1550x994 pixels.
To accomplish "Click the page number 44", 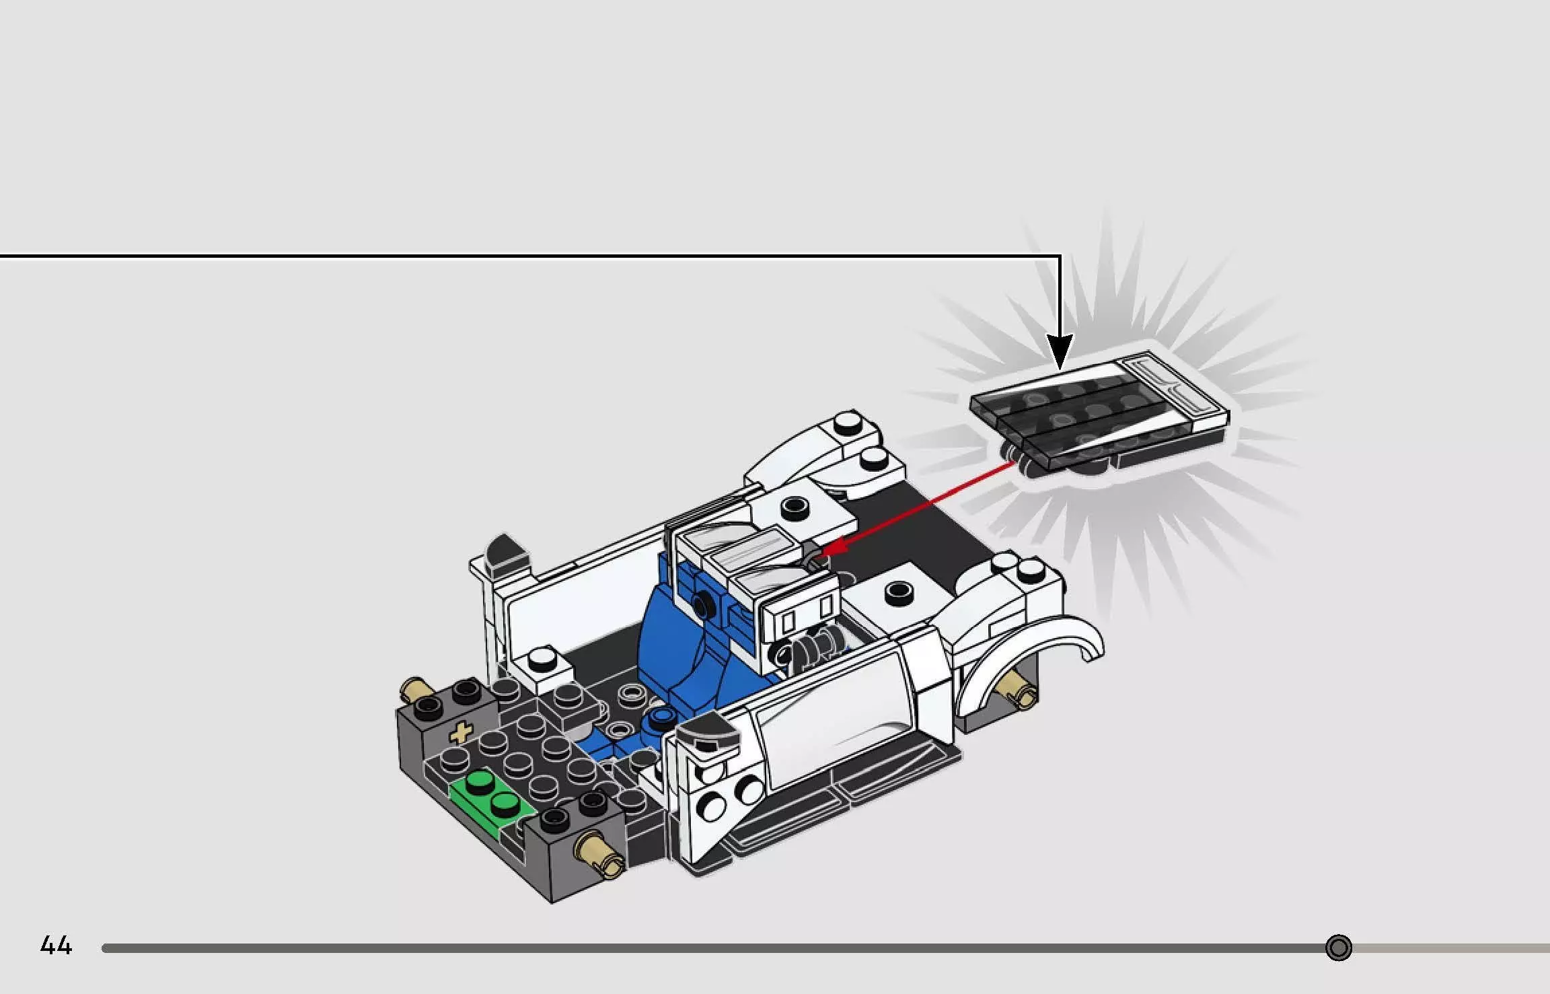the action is click(x=56, y=946).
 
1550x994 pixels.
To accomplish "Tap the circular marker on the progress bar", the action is click(x=1338, y=948).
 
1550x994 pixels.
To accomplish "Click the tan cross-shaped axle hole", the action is click(x=461, y=733).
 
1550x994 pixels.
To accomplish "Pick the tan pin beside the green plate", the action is click(x=599, y=853).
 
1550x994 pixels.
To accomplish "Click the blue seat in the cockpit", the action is click(x=686, y=639).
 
